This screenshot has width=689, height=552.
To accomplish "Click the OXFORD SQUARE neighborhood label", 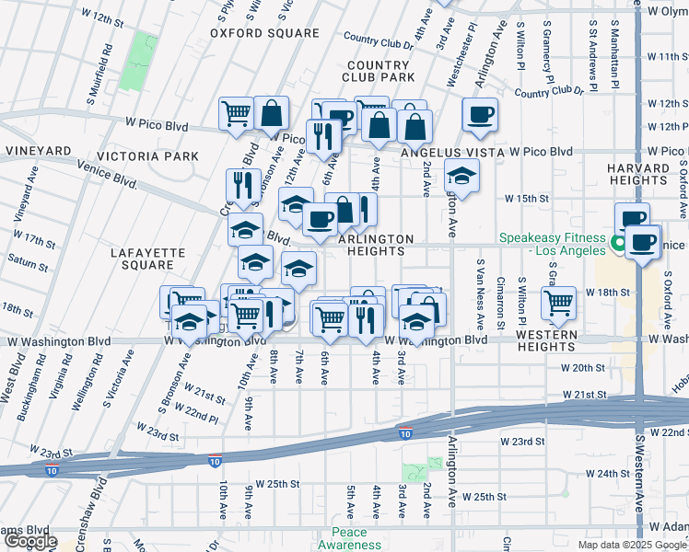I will [264, 33].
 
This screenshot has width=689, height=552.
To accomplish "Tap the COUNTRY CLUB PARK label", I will [379, 72].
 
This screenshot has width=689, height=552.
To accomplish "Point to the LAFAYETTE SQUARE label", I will [141, 258].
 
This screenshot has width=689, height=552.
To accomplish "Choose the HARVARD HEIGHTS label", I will [638, 174].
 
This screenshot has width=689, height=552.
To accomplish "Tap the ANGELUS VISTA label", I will [453, 151].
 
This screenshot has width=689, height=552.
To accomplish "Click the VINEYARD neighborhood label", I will [39, 150].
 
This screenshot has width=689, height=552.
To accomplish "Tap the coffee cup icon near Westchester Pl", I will [480, 115].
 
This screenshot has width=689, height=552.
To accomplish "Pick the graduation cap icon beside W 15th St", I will [462, 175].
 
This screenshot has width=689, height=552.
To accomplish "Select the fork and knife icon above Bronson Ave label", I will [242, 184].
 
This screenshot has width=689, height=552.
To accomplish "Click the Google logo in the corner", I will [29, 541].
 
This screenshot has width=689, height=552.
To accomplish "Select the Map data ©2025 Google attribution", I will [632, 545].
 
